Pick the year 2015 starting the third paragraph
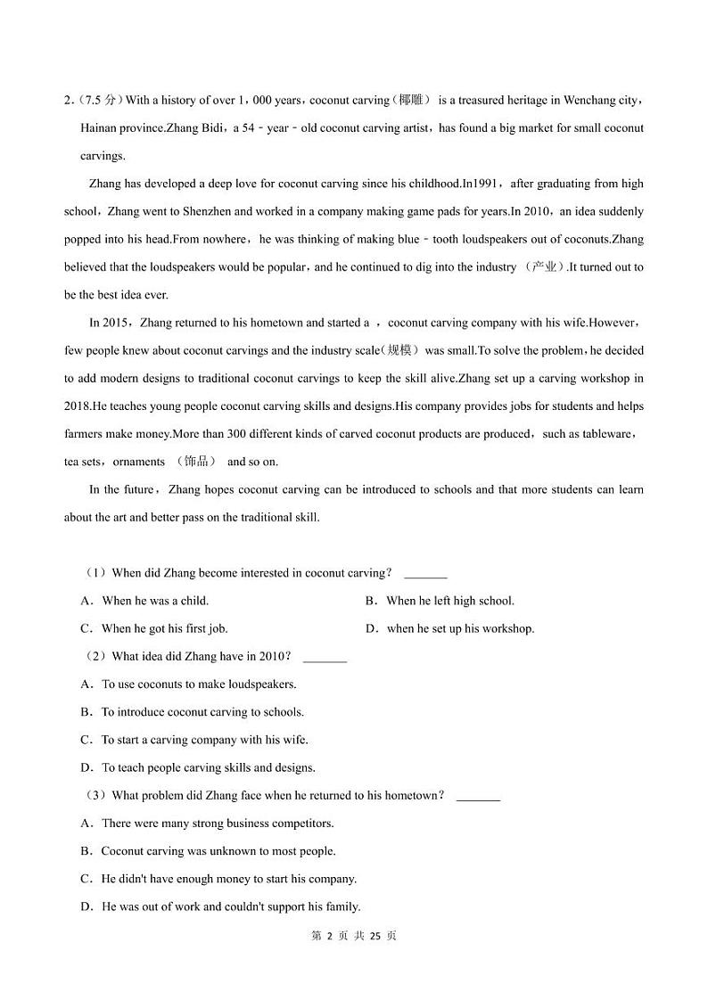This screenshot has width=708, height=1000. (116, 323)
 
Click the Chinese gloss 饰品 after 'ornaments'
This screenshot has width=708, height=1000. (195, 462)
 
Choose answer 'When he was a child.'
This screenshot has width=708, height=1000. (155, 601)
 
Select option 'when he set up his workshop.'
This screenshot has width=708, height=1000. (460, 628)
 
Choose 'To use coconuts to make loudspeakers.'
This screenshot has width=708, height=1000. (199, 684)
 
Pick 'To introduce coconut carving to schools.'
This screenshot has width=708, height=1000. (202, 712)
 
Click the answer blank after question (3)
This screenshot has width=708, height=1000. (478, 796)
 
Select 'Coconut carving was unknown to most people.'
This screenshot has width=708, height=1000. (218, 851)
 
